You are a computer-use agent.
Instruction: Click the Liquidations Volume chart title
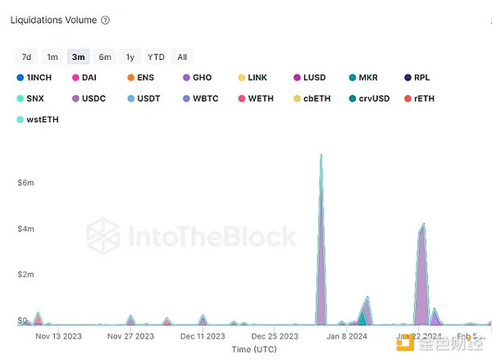pyautogui.click(x=53, y=20)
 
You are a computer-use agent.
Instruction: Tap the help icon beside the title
pyautogui.click(x=106, y=20)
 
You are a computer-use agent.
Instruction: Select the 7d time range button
pyautogui.click(x=26, y=57)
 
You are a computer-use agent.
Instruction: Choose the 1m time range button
pyautogui.click(x=52, y=57)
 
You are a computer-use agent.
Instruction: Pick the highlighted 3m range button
pyautogui.click(x=79, y=57)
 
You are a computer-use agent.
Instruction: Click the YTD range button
pyautogui.click(x=156, y=57)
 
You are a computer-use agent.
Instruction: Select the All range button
pyautogui.click(x=182, y=57)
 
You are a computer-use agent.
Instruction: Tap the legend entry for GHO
pyautogui.click(x=197, y=78)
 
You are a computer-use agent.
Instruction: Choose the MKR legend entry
pyautogui.click(x=363, y=78)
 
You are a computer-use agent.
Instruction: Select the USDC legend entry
pyautogui.click(x=88, y=98)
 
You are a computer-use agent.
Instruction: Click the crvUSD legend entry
pyautogui.click(x=367, y=98)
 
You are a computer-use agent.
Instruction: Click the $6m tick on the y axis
pyautogui.click(x=25, y=182)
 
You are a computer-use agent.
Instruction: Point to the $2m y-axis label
pyautogui.click(x=25, y=274)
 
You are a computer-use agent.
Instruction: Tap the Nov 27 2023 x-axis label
pyautogui.click(x=131, y=335)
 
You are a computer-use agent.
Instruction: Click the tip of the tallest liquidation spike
pyautogui.click(x=321, y=154)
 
